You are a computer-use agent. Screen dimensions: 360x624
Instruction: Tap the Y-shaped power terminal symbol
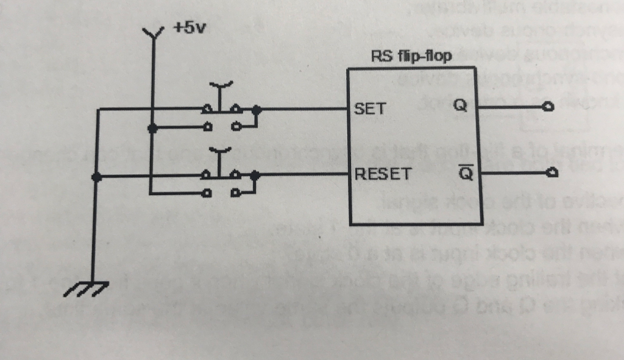152,32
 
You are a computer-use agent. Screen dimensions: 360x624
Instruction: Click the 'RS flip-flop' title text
411,57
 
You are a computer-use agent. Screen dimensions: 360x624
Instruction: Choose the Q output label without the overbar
461,106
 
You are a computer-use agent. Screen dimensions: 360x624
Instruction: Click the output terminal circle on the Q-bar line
551,174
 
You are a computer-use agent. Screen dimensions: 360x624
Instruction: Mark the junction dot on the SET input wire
257,110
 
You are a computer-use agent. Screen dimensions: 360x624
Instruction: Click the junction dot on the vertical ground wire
95,177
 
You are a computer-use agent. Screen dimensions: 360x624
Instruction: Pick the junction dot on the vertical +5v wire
152,128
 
